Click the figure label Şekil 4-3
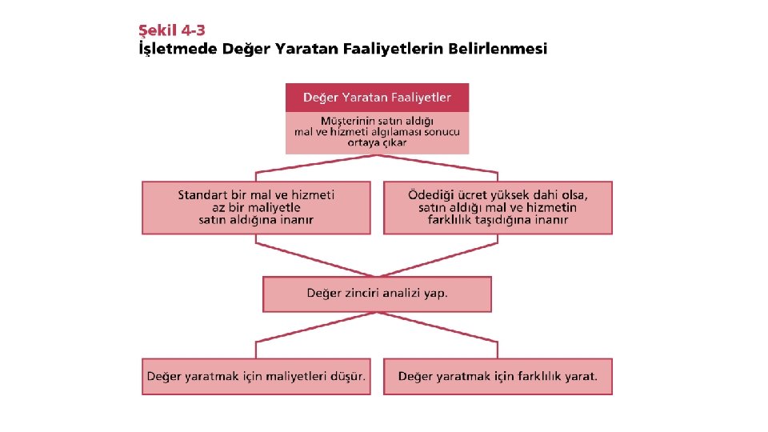click(x=172, y=30)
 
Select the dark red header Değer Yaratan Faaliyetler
click(x=377, y=98)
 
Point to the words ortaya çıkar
click(x=377, y=142)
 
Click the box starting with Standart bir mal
click(x=256, y=207)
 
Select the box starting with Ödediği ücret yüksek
click(x=498, y=207)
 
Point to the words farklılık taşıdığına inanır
click(x=498, y=220)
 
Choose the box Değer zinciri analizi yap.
click(x=377, y=294)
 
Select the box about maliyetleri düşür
click(x=256, y=376)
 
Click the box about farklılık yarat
click(x=498, y=376)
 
